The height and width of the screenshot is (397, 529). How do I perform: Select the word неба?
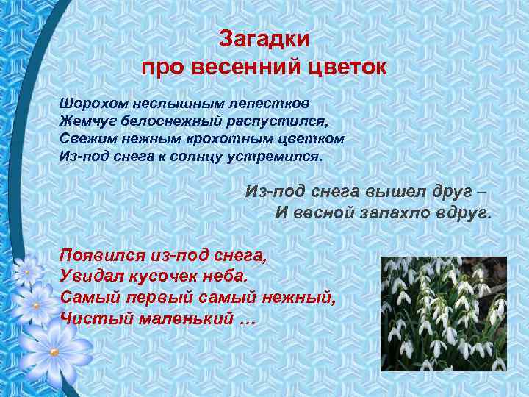(x=227, y=276)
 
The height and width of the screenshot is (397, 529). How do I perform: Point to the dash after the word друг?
(x=481, y=192)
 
